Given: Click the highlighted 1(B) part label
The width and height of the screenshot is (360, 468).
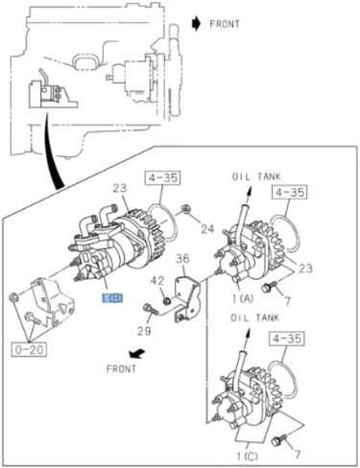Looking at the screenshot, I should (112, 298).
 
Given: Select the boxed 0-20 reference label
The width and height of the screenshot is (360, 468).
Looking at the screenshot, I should (28, 348).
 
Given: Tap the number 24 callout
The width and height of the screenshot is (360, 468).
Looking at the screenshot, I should (207, 227).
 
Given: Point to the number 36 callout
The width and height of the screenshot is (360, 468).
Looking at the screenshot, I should (183, 256).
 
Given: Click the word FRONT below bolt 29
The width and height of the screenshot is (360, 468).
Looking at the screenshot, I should (122, 367).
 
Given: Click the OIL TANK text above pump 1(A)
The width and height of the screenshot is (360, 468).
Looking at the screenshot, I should (253, 176).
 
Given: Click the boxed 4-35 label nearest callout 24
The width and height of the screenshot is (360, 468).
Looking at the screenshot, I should (162, 176).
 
